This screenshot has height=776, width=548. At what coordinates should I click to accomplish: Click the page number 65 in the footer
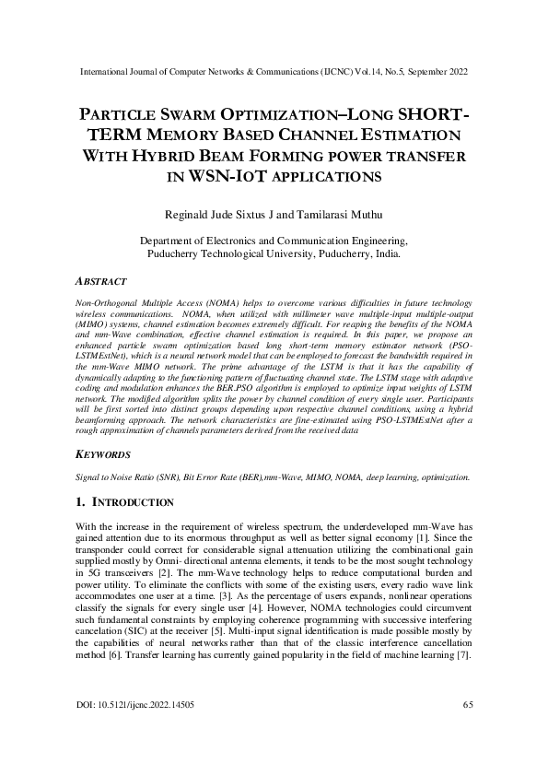pos(467,705)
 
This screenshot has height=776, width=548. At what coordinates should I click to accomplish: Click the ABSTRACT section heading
pos(100,280)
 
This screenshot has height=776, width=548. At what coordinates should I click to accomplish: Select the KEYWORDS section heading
pos(102,455)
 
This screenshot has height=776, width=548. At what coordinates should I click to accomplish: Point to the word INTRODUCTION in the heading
pos(134,502)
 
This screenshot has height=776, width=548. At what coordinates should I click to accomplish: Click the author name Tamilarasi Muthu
pos(331,216)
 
